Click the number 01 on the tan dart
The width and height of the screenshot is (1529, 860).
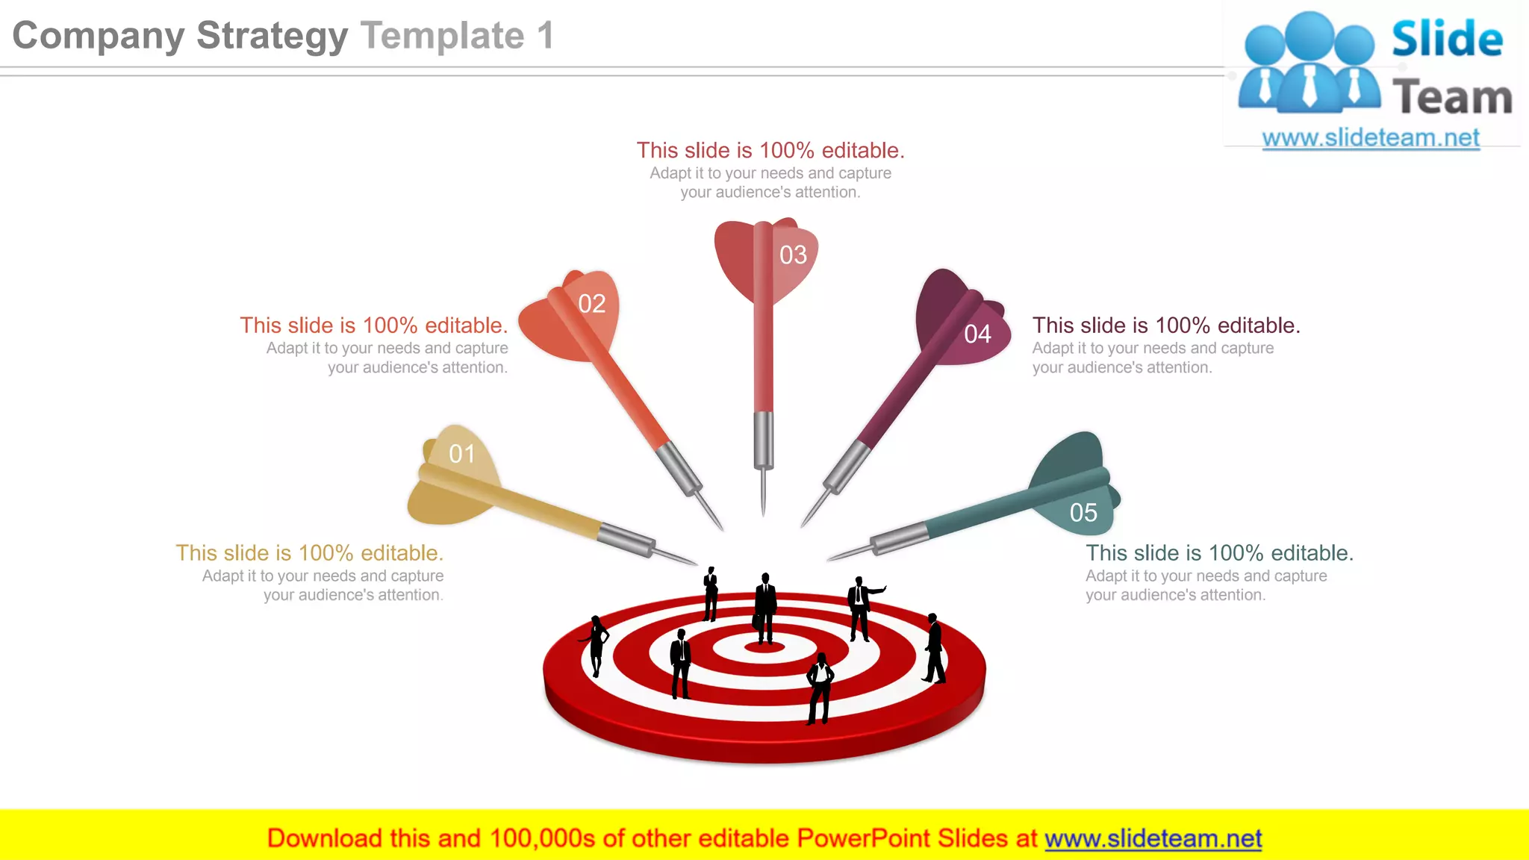coord(462,454)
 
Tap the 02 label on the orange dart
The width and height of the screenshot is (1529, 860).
coord(592,304)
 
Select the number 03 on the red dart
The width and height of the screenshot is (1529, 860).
coord(793,255)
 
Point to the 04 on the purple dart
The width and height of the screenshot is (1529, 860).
coord(977,334)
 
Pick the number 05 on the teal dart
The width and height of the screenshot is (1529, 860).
coord(1083,513)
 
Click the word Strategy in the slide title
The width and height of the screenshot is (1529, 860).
coord(272,36)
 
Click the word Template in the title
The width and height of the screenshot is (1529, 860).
coord(443,36)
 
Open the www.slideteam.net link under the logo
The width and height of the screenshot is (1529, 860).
coord(1371,138)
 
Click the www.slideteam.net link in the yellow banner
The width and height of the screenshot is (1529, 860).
coord(1153,838)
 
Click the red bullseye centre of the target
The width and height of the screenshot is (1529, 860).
coord(764,646)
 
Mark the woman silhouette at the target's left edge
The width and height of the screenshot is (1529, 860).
coord(596,645)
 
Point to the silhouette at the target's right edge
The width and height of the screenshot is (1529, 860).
coord(934,648)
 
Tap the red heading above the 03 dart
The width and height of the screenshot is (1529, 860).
coord(770,151)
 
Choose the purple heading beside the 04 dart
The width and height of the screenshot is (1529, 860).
coord(1166,325)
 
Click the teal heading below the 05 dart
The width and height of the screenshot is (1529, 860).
coord(1219,553)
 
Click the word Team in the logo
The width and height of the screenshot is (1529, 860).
coord(1452,98)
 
